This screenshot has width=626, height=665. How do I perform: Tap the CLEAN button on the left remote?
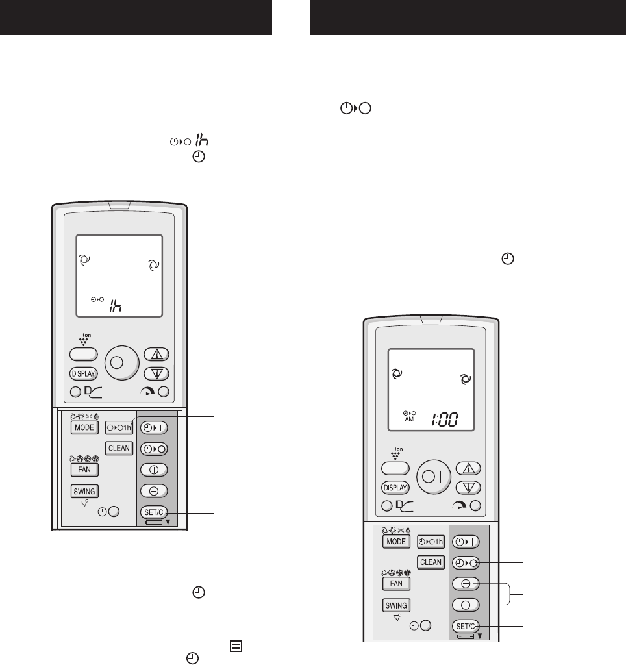(119, 447)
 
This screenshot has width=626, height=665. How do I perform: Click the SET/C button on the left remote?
(154, 512)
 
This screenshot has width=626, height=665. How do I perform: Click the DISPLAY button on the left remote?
(83, 373)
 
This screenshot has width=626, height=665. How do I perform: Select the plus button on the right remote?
(466, 583)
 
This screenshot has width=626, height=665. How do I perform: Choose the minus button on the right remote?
(466, 605)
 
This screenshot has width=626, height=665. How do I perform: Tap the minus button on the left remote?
(154, 491)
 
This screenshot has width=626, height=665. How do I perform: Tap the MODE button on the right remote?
(395, 542)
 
